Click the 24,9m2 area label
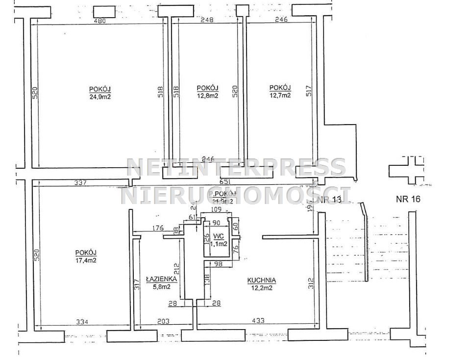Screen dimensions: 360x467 coord(100,97)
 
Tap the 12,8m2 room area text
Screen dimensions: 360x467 coord(207,96)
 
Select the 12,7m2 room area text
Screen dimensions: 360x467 coord(280,95)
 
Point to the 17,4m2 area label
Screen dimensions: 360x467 coord(86,260)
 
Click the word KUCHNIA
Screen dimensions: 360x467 coord(261,281)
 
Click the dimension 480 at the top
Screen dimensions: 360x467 coord(100,21)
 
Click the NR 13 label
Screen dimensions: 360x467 coord(329,199)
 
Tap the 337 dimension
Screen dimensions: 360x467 coord(80,183)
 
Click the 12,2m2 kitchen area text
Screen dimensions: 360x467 coord(261,287)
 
